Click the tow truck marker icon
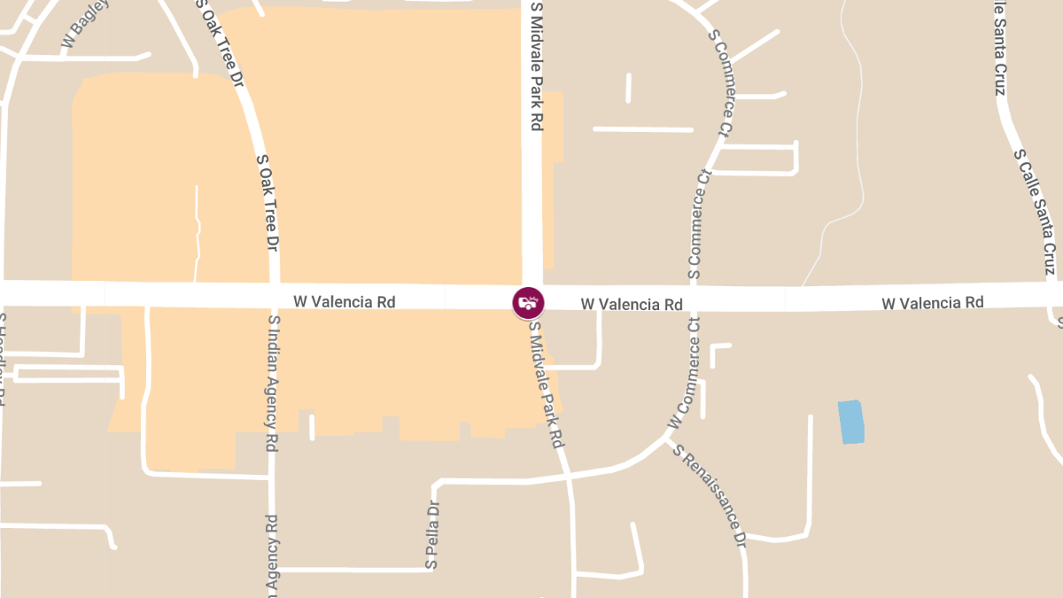pos(529,302)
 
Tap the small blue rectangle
pos(851,422)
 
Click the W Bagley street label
pos(86,24)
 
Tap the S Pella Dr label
pos(432,535)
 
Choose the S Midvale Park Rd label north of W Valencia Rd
pos(535,66)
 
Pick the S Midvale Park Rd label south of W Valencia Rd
pos(547,383)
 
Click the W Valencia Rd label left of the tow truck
pos(344,301)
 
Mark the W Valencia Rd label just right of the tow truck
pos(632,304)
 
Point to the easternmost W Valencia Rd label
pos(932,303)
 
